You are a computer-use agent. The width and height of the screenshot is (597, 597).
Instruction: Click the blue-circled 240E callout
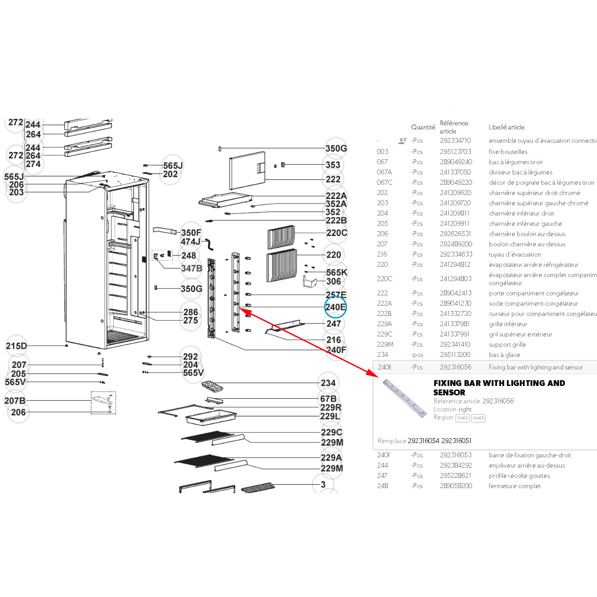pos(335,307)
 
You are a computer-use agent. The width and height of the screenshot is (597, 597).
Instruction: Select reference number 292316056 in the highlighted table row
pos(455,367)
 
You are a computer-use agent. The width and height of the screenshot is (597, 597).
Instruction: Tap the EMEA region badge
pos(462,418)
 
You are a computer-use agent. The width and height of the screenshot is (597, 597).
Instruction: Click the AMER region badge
pos(478,418)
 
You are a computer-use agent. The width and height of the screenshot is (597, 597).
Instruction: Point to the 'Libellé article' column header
pos(506,127)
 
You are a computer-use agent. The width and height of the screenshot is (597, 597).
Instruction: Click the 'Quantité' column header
pos(423,127)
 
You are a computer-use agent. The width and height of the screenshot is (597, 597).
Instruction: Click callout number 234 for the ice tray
pos(328,383)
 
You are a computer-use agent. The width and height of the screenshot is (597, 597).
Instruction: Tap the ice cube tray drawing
pos(215,385)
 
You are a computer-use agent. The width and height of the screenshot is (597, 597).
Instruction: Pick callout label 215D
pos(17,346)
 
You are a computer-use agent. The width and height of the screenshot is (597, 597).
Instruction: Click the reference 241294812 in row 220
pos(455,265)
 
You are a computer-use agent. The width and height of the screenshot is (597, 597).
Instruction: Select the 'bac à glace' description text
pos(504,355)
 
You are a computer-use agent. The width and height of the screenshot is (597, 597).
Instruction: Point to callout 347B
pos(191,268)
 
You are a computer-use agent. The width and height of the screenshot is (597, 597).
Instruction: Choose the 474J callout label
pos(191,241)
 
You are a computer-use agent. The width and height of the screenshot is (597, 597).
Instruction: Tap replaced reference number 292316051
pos(456,441)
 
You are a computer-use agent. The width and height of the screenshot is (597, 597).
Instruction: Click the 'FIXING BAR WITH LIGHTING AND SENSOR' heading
pos(499,388)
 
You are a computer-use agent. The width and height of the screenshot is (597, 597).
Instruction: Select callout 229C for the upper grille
pos(332,432)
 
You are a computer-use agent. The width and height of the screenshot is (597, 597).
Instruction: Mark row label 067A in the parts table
pos(384,172)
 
